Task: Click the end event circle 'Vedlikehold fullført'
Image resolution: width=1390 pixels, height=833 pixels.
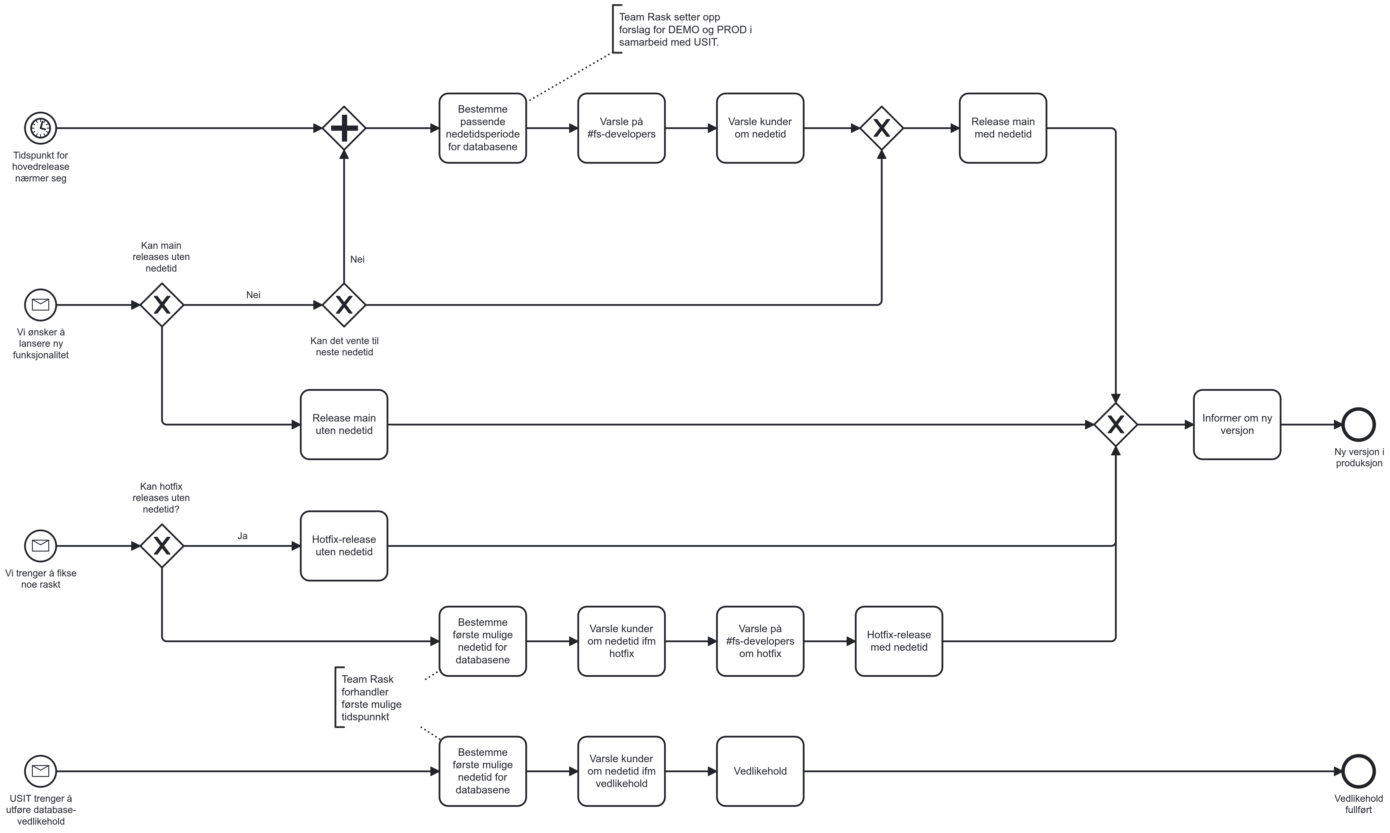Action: tap(1358, 771)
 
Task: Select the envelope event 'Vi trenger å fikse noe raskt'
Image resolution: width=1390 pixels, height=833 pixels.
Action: tap(40, 546)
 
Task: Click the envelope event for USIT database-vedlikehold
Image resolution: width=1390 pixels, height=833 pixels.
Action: tap(40, 771)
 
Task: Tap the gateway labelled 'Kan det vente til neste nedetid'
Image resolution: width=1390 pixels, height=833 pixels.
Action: tap(344, 305)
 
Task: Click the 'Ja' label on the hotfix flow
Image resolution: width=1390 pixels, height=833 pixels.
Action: tap(243, 536)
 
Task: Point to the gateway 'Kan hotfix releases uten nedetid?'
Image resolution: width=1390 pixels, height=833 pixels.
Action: tap(162, 546)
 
